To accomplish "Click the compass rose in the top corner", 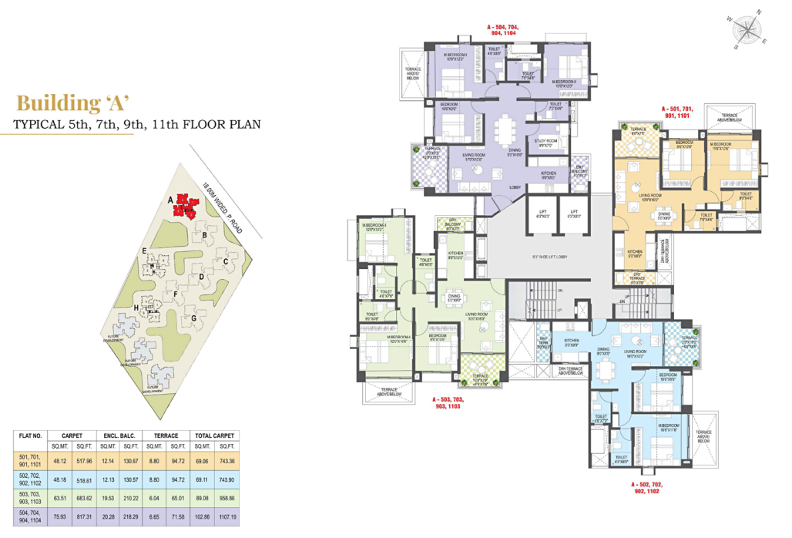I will (745, 30).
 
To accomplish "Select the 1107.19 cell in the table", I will (221, 516).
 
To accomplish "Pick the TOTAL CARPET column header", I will (221, 435).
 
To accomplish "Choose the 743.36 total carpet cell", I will (221, 462).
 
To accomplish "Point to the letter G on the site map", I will (194, 317).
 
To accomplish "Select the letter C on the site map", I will (225, 261).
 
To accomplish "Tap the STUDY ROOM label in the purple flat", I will (548, 141).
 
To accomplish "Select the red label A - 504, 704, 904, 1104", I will (505, 30).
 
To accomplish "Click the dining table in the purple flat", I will (505, 132).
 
